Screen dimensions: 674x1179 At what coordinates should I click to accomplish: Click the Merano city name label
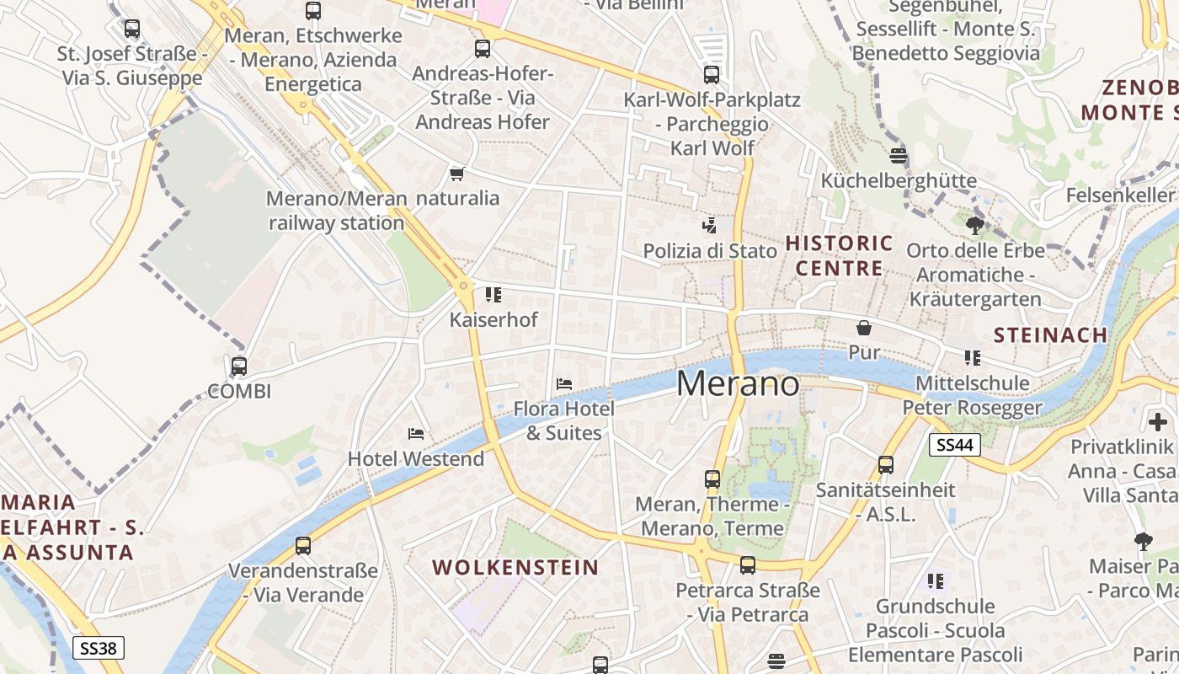coord(738,384)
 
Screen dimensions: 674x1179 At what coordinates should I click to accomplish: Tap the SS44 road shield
coord(955,445)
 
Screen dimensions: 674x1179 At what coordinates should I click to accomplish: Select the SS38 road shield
coord(99,648)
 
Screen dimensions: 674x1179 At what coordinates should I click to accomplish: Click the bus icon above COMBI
coord(239,366)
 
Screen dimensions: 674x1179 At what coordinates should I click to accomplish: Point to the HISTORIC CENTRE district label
coord(839,256)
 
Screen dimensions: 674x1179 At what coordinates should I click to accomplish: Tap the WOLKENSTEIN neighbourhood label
coord(515,567)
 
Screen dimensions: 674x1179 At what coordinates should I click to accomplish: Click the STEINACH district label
coord(1050,335)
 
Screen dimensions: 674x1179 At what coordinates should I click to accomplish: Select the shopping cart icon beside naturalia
coord(457,174)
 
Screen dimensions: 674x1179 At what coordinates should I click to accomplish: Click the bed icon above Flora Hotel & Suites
coord(564,384)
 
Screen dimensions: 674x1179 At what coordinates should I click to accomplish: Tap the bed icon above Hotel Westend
coord(416,434)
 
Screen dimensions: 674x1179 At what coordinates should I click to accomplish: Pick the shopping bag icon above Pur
coord(864,328)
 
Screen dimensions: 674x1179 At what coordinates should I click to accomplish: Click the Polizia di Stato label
coord(710,251)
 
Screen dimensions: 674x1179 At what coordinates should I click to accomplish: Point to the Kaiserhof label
coord(493,320)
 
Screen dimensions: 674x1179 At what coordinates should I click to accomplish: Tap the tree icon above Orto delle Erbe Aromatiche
coord(975,226)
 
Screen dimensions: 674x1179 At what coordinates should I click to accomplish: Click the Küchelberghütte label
coord(899,180)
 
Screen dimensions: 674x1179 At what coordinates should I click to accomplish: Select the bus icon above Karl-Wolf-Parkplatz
coord(712,75)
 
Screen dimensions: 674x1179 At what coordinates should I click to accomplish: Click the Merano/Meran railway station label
coord(337,211)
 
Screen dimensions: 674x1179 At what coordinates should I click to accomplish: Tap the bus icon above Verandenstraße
coord(303,546)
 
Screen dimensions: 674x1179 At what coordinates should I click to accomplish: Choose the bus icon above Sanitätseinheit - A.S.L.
coord(886,465)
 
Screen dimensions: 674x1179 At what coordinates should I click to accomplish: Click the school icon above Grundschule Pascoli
coord(935,581)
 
